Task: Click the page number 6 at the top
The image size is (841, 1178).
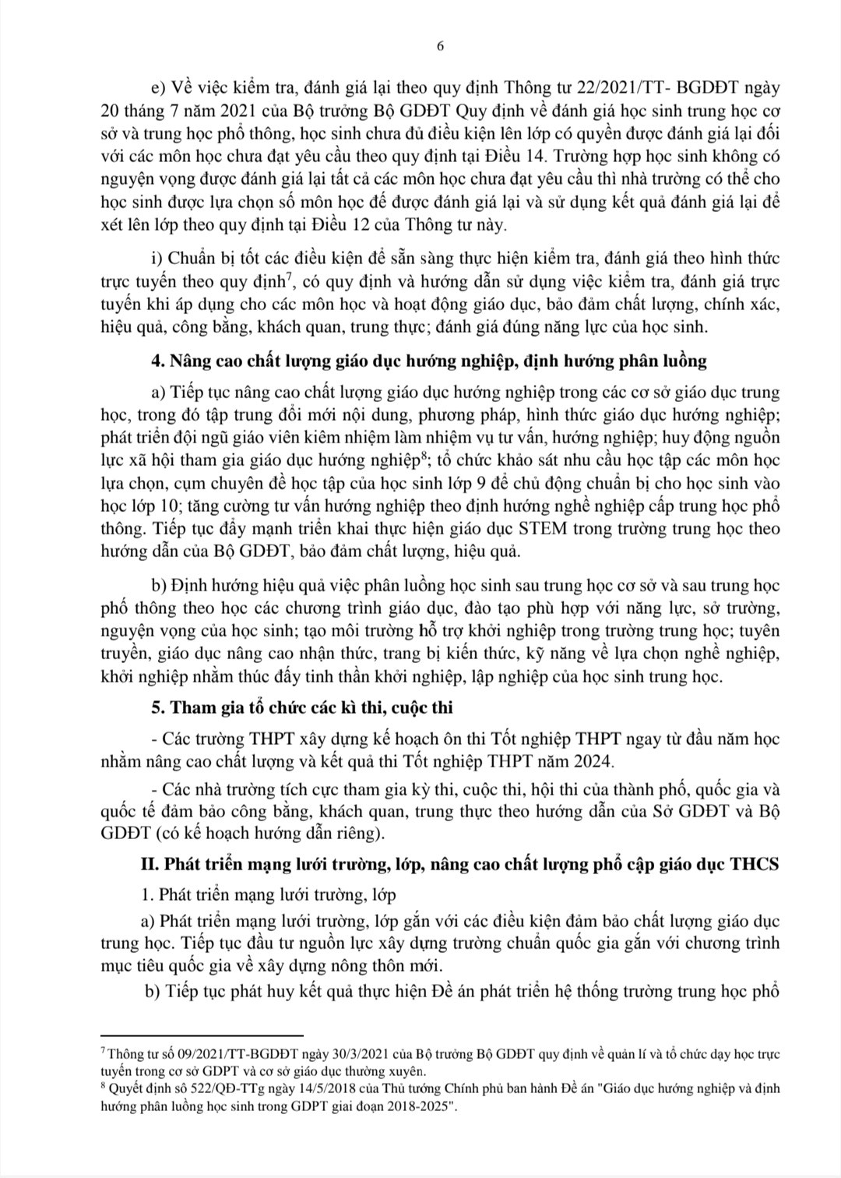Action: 441,46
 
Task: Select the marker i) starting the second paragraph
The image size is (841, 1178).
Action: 155,257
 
